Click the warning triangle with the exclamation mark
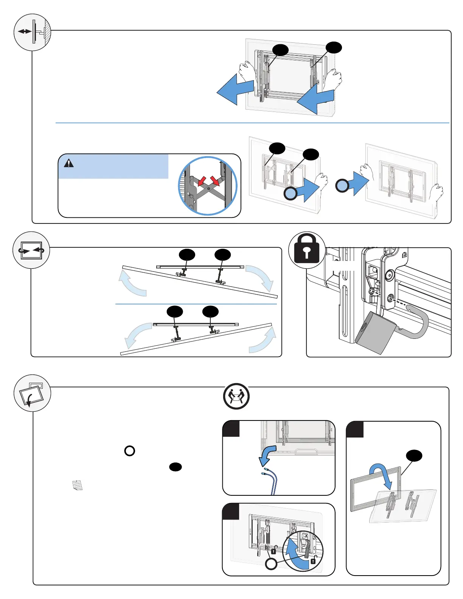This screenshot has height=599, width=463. coord(69,163)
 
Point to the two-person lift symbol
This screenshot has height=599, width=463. coord(236,396)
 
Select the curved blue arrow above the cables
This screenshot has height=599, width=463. coord(269,455)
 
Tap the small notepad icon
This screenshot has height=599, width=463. coord(77,485)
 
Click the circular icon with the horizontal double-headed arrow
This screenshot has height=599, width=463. coord(32,33)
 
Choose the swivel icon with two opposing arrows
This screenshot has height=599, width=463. coord(31,250)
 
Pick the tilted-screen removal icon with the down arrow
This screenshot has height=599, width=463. coord(32,393)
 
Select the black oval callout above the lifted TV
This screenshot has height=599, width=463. coord(414,456)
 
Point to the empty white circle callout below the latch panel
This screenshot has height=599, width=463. coord(271,564)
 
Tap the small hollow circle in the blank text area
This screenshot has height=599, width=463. coord(130,451)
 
